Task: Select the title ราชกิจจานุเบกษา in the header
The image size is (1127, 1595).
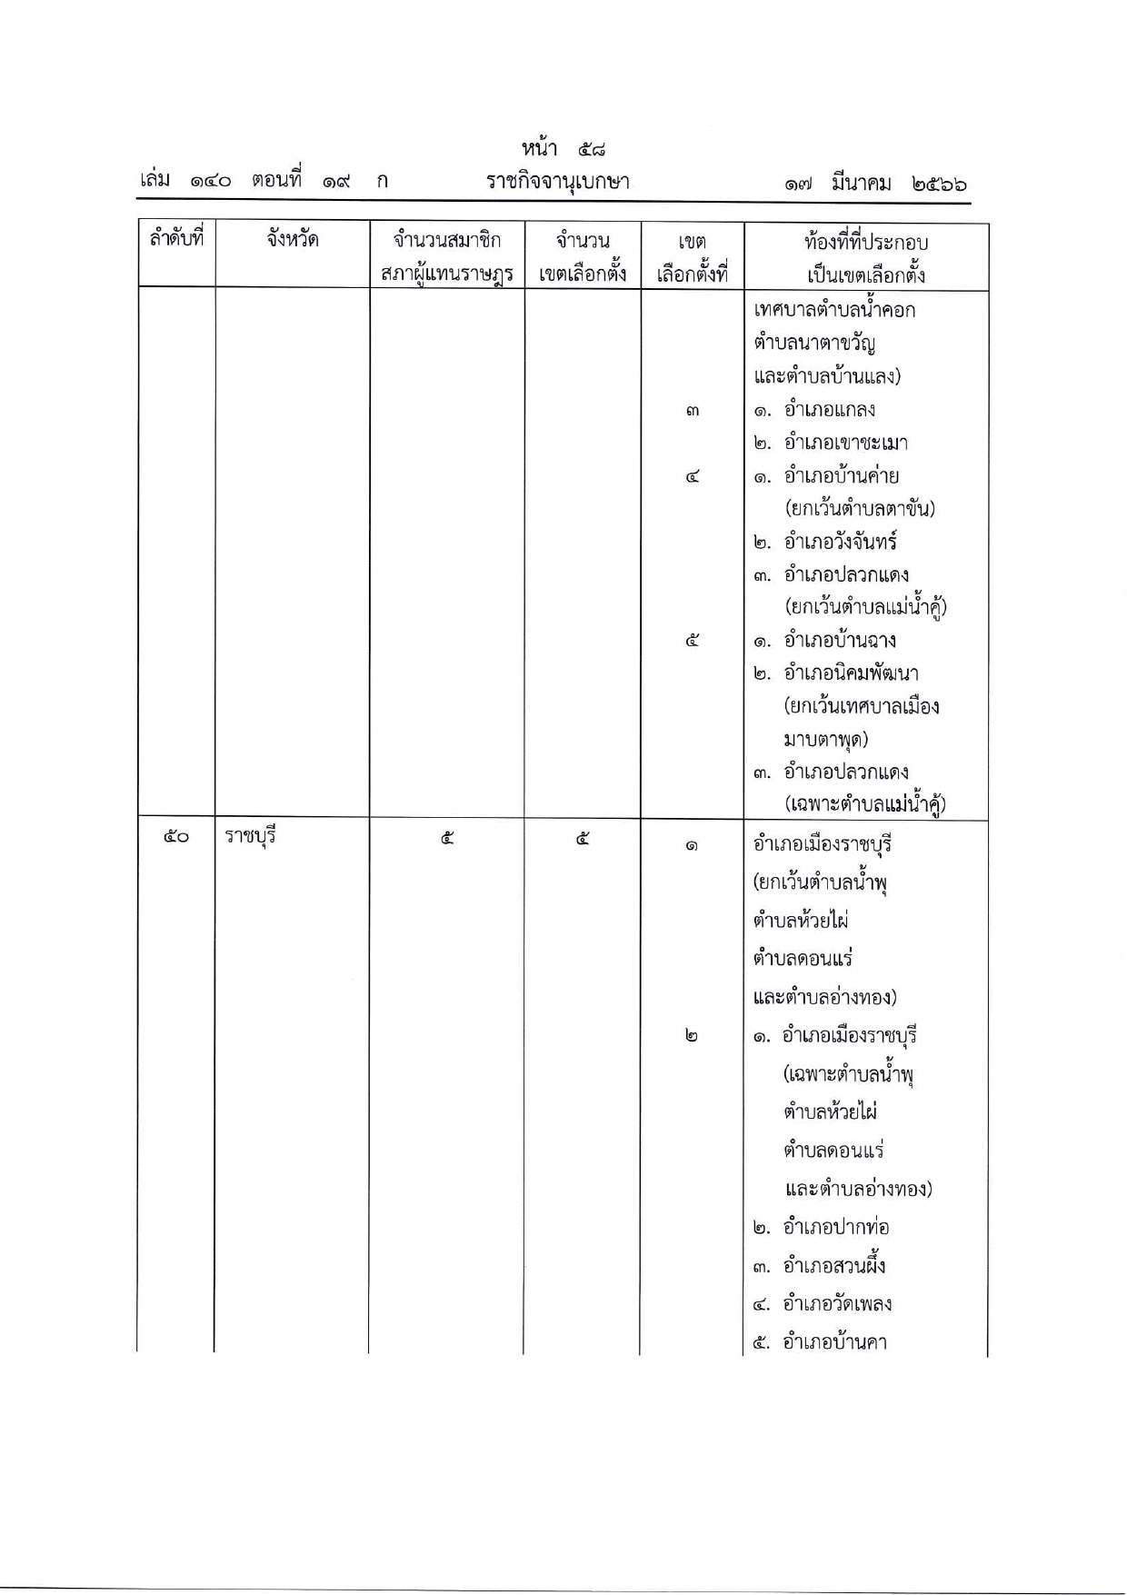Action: click(557, 182)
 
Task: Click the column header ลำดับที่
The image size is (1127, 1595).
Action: click(176, 240)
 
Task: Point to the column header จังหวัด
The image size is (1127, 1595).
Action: click(292, 240)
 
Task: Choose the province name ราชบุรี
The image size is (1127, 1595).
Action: click(250, 836)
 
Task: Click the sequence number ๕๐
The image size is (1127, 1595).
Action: click(175, 837)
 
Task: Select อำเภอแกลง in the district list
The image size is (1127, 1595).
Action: click(829, 410)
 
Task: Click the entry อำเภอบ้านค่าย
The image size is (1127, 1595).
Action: click(841, 476)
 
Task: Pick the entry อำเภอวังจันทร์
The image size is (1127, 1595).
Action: click(840, 543)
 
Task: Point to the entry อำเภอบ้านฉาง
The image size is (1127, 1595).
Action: click(840, 641)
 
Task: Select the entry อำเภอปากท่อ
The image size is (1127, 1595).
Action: click(835, 1228)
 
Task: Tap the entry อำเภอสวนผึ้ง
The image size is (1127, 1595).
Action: click(833, 1266)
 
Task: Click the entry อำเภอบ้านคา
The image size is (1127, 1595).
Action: click(833, 1342)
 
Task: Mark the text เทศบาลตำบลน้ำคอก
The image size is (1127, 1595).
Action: click(834, 310)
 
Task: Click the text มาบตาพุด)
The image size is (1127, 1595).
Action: click(825, 740)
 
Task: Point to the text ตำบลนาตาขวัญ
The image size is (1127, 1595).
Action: click(814, 344)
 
